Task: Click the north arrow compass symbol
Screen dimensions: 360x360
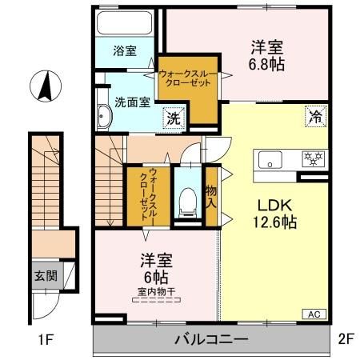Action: pyautogui.click(x=46, y=86)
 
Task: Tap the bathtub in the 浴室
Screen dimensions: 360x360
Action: pyautogui.click(x=125, y=23)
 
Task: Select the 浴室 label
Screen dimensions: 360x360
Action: pyautogui.click(x=125, y=50)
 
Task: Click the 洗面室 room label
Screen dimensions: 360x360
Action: pyautogui.click(x=133, y=102)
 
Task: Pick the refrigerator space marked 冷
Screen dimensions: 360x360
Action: pyautogui.click(x=316, y=117)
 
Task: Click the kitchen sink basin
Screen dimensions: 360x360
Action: pyautogui.click(x=270, y=159)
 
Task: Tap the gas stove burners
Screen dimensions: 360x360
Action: pyautogui.click(x=314, y=158)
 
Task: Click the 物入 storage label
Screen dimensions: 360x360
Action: pyautogui.click(x=211, y=197)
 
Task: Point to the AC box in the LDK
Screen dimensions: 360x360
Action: pyautogui.click(x=314, y=314)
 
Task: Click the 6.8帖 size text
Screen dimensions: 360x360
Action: pyautogui.click(x=266, y=64)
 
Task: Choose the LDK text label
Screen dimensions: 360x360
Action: pyautogui.click(x=274, y=206)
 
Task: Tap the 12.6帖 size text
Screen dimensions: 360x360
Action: pyautogui.click(x=274, y=222)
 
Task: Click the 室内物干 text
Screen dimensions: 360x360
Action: pyautogui.click(x=157, y=291)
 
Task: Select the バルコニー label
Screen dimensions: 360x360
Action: pyautogui.click(x=211, y=339)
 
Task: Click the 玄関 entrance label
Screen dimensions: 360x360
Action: pyautogui.click(x=46, y=276)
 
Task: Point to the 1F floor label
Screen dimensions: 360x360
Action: pyautogui.click(x=46, y=339)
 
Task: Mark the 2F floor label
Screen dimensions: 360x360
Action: pyautogui.click(x=346, y=339)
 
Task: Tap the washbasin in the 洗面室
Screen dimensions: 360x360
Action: pyautogui.click(x=103, y=117)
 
